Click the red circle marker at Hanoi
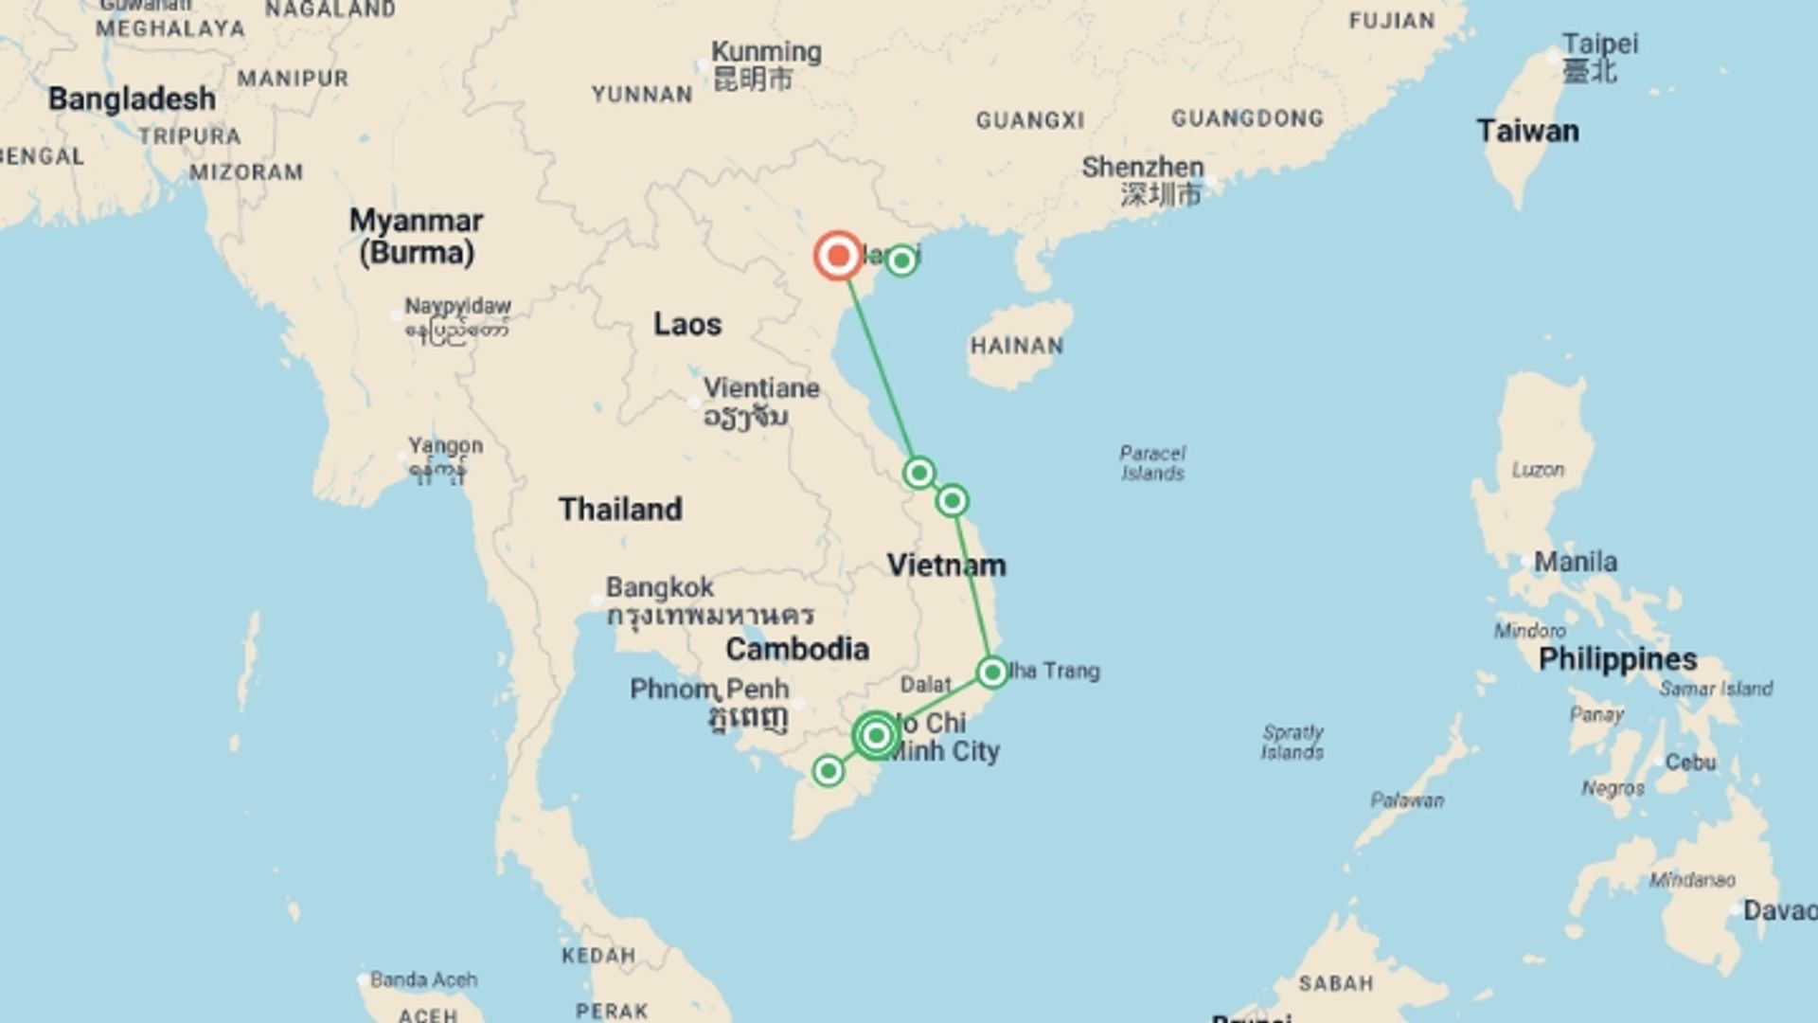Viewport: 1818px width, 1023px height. click(x=838, y=256)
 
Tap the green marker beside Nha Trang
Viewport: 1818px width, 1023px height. click(x=991, y=673)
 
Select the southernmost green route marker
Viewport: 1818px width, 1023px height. click(x=829, y=771)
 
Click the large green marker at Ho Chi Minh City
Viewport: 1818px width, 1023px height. click(x=877, y=735)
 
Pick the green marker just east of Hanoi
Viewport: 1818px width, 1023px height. click(x=900, y=260)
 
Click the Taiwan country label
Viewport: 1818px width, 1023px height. click(x=1527, y=131)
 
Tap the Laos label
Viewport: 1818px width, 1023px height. click(x=687, y=324)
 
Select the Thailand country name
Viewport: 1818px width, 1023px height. click(x=620, y=509)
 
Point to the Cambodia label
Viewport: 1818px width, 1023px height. click(x=797, y=649)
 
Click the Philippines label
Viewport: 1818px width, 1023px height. click(x=1617, y=659)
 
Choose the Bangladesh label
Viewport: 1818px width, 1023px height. click(x=132, y=99)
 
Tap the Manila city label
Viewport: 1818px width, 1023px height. click(x=1576, y=562)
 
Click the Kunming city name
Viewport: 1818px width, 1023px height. click(x=766, y=52)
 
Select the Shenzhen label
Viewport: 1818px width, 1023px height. click(x=1143, y=168)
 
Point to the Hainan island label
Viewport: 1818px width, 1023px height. click(x=1016, y=346)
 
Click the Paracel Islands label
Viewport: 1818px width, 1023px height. click(x=1152, y=463)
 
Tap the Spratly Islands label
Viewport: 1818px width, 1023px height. click(x=1292, y=742)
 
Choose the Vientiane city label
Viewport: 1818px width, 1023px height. click(x=761, y=388)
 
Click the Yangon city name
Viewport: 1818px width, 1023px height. click(x=445, y=445)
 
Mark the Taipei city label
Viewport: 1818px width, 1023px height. click(x=1599, y=45)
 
